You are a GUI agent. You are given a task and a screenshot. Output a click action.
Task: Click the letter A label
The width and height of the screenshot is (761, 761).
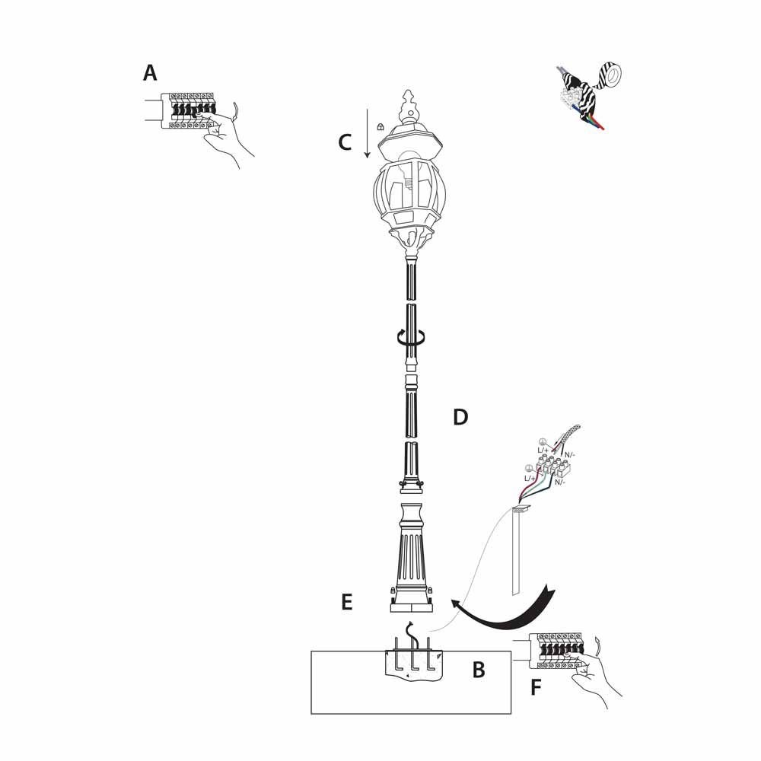[x=150, y=73]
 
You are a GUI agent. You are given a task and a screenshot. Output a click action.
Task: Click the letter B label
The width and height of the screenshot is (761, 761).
[x=479, y=670]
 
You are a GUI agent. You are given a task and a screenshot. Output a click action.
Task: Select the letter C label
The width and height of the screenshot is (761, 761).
[x=345, y=143]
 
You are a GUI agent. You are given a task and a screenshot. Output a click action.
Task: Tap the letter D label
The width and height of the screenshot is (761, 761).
[x=460, y=417]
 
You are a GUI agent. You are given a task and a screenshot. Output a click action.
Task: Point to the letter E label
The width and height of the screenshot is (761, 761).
[x=346, y=602]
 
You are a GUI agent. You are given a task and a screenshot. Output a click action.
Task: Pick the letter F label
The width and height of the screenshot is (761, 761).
[x=536, y=688]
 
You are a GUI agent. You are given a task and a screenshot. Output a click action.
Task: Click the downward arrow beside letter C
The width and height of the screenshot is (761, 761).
[x=368, y=133]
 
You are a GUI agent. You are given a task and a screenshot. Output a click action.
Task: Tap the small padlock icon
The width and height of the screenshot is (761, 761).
[x=380, y=126]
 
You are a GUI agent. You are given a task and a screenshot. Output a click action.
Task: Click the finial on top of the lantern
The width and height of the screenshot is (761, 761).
[x=409, y=106]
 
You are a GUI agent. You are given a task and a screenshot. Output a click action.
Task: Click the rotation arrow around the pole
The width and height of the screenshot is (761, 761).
[x=411, y=337]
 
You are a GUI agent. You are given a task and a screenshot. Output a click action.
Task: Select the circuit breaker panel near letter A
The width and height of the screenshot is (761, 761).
[x=189, y=110]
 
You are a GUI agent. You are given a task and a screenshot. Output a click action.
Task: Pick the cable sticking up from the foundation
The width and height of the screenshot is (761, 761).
[x=412, y=635]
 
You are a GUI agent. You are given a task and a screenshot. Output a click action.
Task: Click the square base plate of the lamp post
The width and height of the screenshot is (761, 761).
[x=411, y=607]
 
